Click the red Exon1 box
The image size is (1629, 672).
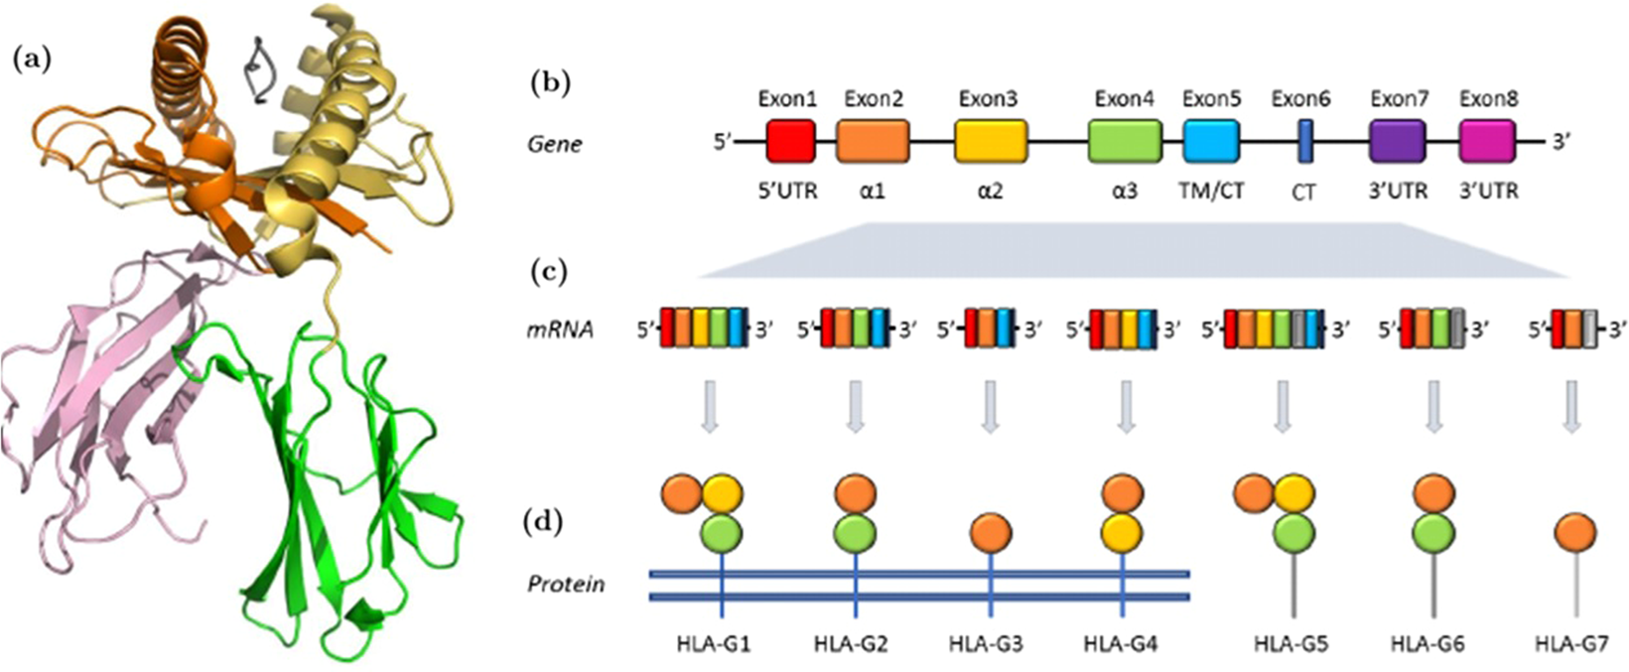pyautogui.click(x=790, y=141)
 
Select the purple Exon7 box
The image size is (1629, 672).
pyautogui.click(x=1397, y=141)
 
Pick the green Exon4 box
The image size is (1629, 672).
pyautogui.click(x=1125, y=141)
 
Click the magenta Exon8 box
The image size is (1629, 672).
pyautogui.click(x=1487, y=141)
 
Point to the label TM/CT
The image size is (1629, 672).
pyautogui.click(x=1211, y=190)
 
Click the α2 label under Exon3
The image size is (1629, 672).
pyautogui.click(x=990, y=190)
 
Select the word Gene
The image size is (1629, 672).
pyautogui.click(x=554, y=144)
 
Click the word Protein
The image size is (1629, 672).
pyautogui.click(x=565, y=584)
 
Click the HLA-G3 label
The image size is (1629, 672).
pyautogui.click(x=986, y=644)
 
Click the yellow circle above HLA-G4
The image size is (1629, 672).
pyautogui.click(x=1123, y=533)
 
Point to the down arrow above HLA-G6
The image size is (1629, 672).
pyautogui.click(x=1432, y=407)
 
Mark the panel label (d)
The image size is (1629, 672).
pyautogui.click(x=543, y=520)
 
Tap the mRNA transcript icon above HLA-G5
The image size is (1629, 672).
pyautogui.click(x=1276, y=330)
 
